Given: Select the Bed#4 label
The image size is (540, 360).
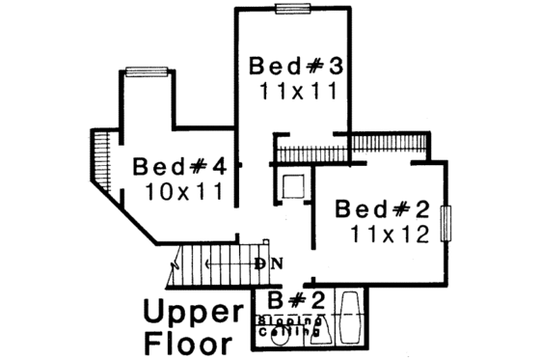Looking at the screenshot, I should (179, 165).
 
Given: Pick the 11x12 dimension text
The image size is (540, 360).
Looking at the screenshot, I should (389, 234).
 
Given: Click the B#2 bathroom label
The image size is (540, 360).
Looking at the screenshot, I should (290, 300).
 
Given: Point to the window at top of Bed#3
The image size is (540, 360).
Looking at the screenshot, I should (289, 9).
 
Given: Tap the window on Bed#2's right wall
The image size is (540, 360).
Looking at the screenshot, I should (445, 224).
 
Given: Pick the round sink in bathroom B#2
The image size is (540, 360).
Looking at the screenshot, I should (269, 335).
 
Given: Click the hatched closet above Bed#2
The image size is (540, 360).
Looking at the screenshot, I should (388, 144).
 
